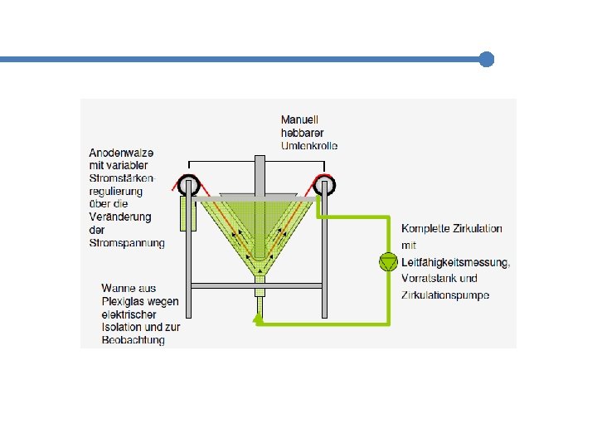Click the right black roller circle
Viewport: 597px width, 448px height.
(x=323, y=185)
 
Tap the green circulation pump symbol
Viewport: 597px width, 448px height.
(x=387, y=261)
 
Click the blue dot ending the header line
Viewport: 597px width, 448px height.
(x=487, y=60)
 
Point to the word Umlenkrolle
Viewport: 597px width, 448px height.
(x=309, y=146)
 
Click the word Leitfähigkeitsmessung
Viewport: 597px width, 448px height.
(x=455, y=263)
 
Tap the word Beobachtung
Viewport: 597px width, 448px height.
(x=133, y=340)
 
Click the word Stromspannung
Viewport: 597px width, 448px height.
(x=127, y=243)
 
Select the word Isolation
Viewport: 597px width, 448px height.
(x=123, y=327)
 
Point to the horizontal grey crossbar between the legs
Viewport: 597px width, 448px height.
(x=256, y=285)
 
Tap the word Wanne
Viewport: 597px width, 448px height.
(x=118, y=289)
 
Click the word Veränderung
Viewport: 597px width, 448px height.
(x=120, y=217)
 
